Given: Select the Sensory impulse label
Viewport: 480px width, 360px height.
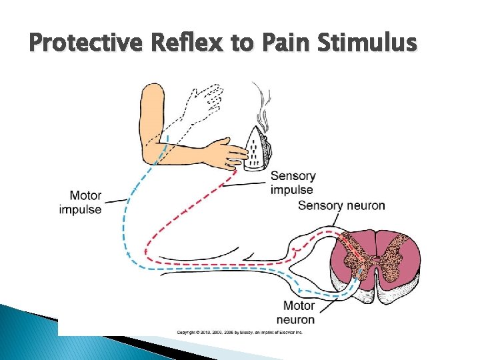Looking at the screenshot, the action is point(293,183).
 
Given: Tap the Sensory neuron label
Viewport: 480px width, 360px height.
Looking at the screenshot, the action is point(341,205).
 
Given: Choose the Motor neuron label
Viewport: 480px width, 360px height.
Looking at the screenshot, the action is point(299,312).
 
